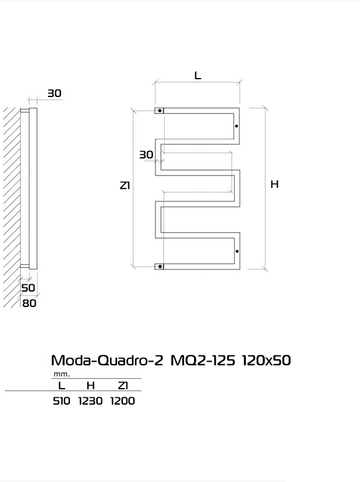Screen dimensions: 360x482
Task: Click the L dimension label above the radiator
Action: pos(198,76)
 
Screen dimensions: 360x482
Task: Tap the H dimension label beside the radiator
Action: pos(275,184)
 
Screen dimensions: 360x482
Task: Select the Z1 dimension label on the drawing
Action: pos(125,185)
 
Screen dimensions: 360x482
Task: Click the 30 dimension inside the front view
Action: pos(146,155)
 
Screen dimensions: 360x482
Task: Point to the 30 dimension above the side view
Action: pos(55,93)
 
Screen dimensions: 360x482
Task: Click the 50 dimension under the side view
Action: pos(28,288)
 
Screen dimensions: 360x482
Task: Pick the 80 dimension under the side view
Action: pos(29,303)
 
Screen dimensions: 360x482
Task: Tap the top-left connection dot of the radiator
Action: pos(160,111)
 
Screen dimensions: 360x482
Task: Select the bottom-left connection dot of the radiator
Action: pos(160,266)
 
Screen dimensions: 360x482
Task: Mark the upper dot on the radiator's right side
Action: pos(237,126)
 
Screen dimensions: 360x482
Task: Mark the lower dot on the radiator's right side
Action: pos(237,252)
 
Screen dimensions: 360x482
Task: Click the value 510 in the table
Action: pos(61,401)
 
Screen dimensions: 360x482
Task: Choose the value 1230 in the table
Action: pos(90,401)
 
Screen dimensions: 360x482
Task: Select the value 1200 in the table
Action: pos(122,401)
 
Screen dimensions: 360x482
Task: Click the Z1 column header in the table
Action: pos(123,386)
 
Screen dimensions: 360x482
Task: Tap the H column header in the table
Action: pos(90,386)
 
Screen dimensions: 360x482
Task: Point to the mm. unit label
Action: pos(62,375)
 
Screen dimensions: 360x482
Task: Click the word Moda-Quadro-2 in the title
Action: pos(107,360)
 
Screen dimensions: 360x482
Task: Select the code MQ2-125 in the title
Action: pos(203,360)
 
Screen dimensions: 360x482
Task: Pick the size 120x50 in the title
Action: pos(266,360)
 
